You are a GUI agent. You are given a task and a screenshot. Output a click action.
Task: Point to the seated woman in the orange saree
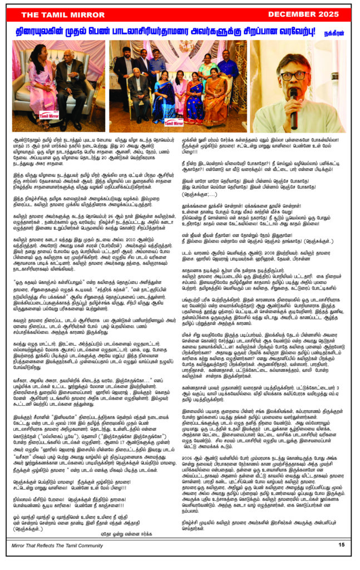(x=214, y=100)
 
